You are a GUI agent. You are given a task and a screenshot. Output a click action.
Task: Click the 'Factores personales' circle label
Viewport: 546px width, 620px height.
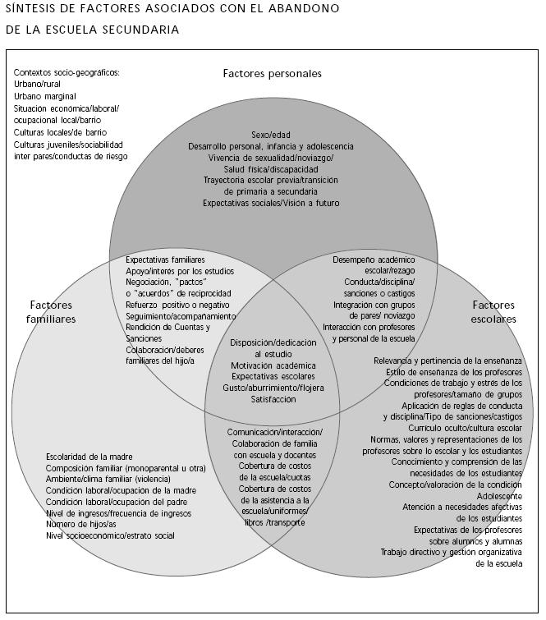(x=272, y=74)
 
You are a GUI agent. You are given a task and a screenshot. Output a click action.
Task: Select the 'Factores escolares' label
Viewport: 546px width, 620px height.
(x=494, y=312)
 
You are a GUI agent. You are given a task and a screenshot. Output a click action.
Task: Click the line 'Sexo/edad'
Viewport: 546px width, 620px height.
(x=271, y=135)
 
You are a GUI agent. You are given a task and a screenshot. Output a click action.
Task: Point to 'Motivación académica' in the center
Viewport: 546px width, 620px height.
(x=274, y=365)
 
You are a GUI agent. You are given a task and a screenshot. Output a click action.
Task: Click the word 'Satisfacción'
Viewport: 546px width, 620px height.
(x=274, y=399)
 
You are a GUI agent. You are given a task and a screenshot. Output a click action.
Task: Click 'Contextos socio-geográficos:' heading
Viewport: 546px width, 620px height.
(x=67, y=72)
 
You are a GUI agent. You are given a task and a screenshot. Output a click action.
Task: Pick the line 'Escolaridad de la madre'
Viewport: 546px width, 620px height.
(x=89, y=457)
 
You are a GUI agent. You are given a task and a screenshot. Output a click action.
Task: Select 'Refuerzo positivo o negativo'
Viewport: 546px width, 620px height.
(x=177, y=305)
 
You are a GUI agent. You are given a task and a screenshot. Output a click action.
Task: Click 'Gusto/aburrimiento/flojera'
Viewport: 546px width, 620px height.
(x=274, y=388)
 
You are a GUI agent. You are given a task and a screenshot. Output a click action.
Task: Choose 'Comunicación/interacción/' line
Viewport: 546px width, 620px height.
(x=275, y=432)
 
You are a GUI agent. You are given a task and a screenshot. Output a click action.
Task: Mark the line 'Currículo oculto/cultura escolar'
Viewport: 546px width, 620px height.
(x=466, y=428)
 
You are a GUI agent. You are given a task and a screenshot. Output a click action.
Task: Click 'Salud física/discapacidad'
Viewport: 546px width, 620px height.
(x=271, y=168)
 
